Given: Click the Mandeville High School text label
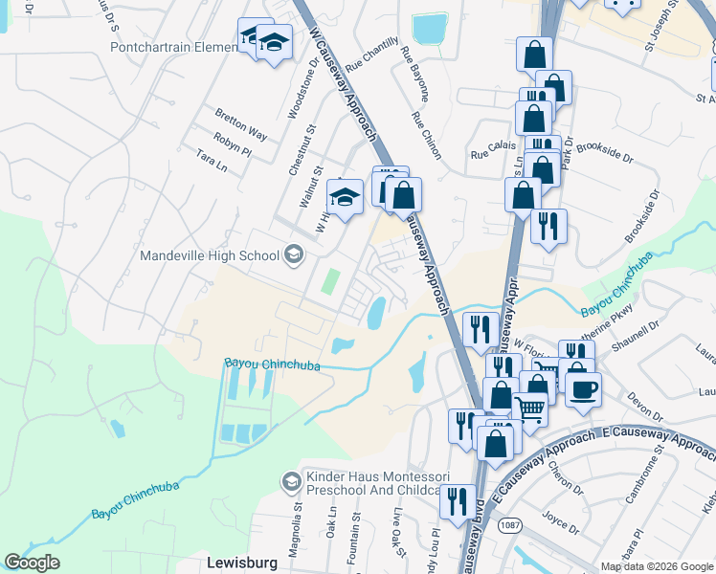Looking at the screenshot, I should pos(209,255).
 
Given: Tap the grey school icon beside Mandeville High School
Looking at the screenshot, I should pos(293,254).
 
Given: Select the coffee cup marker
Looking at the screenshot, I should pos(584,389).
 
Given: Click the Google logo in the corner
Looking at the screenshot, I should pos(33,563).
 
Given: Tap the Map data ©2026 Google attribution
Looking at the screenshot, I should pos(657,566).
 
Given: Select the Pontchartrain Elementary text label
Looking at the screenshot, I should pos(173,46).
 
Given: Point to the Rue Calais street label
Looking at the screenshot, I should pos(492,152).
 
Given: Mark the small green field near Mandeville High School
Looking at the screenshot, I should pos(330,281).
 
